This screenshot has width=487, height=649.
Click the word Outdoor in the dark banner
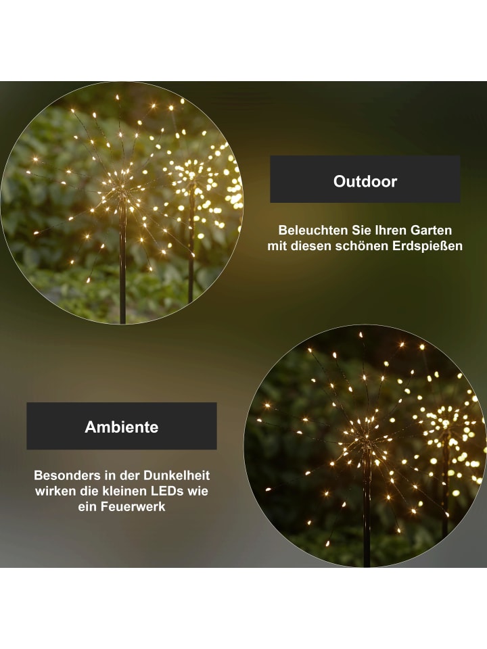coord(365,181)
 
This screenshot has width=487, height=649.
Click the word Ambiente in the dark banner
coord(121,427)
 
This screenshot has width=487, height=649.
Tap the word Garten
coord(431,230)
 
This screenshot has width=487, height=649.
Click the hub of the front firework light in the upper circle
coord(122,191)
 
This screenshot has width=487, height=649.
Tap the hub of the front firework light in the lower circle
coord(366,439)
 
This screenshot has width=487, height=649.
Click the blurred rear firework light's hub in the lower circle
coord(445,427)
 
